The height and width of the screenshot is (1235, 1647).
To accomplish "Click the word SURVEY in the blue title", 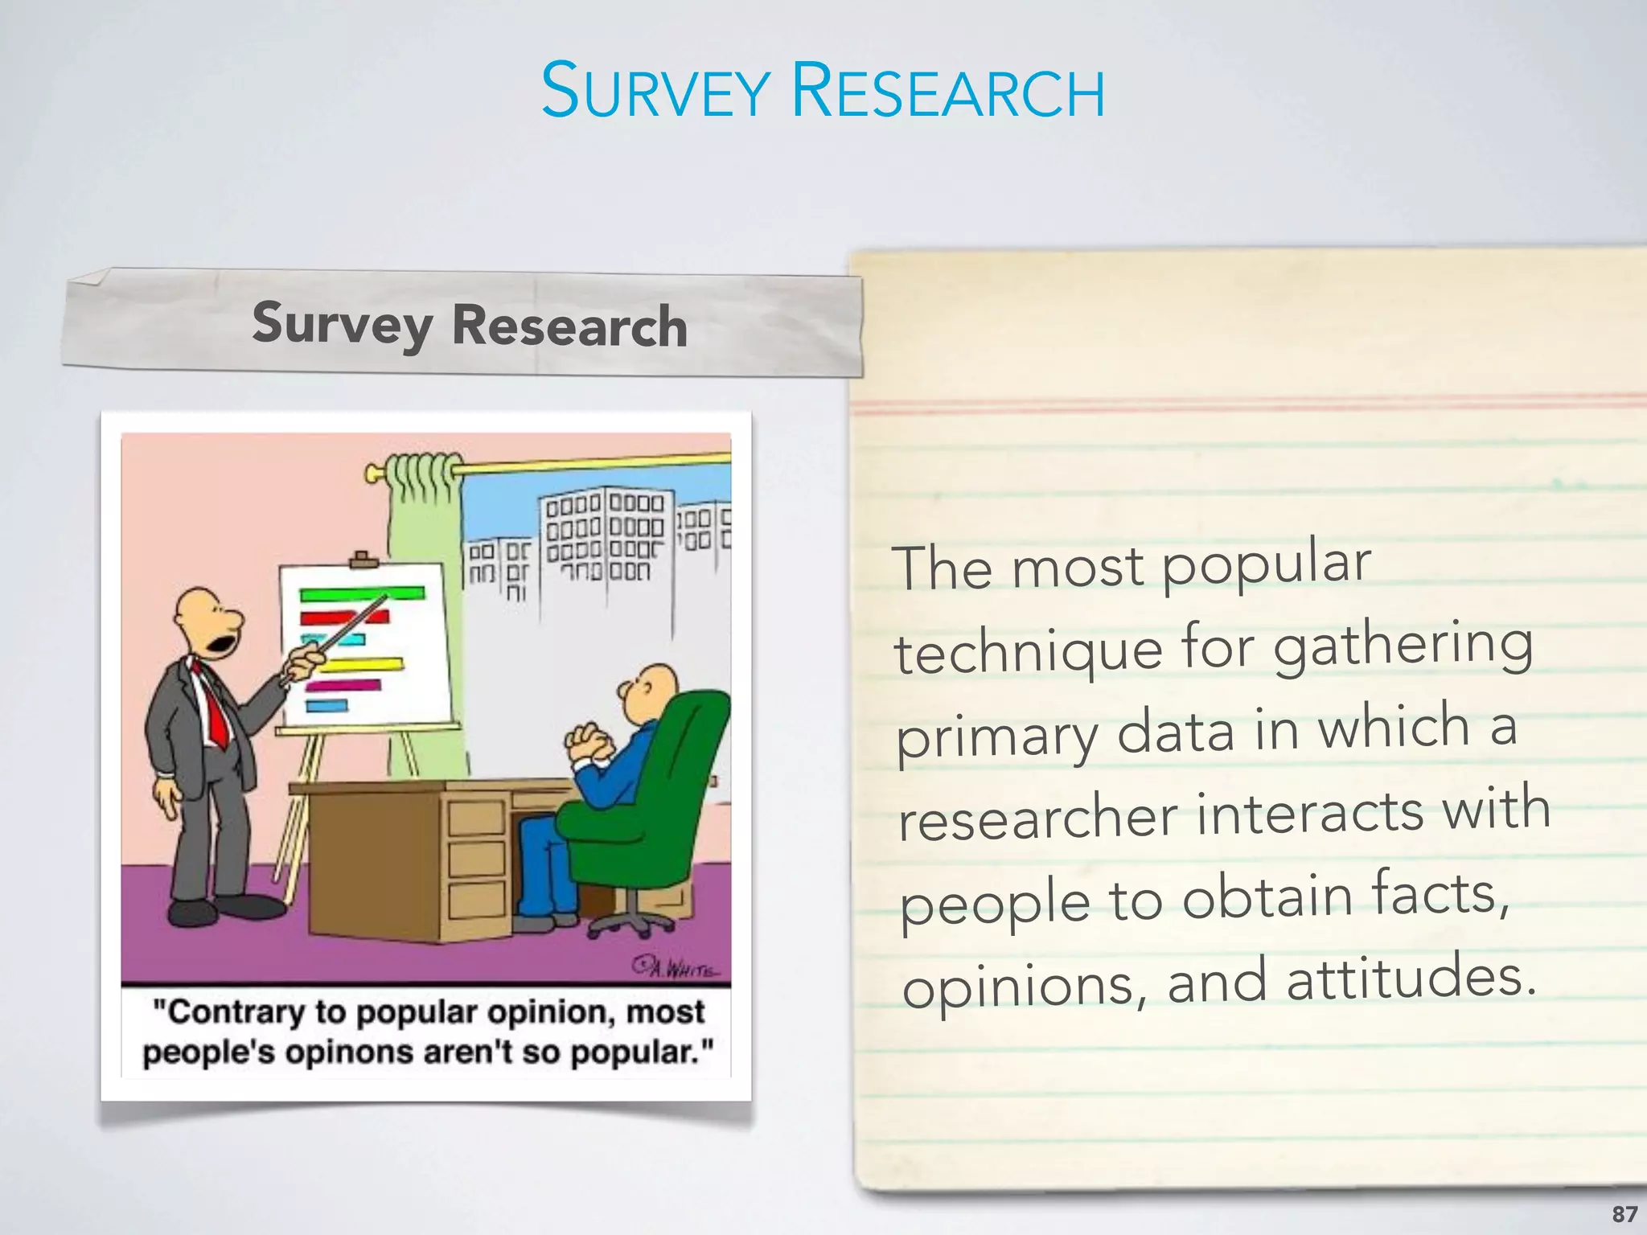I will click(655, 92).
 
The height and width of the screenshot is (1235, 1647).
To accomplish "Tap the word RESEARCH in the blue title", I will click(948, 92).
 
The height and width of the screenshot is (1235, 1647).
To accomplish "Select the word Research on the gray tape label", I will click(569, 327).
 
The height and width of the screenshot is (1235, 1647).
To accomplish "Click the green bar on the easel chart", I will click(362, 594).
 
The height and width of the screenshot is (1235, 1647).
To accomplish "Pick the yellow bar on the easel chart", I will click(362, 666).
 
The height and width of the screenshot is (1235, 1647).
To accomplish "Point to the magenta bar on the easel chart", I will click(344, 686).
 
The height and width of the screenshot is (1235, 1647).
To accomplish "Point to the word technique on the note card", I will click(1028, 652).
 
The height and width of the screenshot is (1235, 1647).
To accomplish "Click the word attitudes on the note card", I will click(1411, 982).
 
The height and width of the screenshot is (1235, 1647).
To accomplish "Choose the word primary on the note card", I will click(997, 738).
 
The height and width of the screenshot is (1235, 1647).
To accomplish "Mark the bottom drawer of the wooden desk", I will click(476, 901).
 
